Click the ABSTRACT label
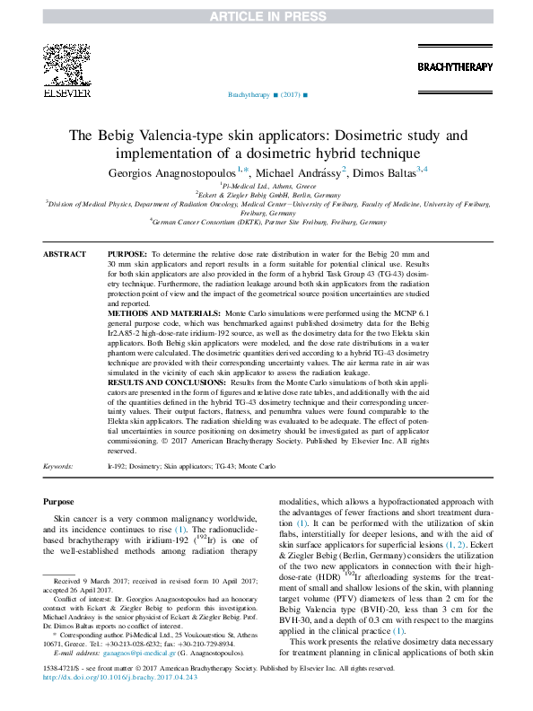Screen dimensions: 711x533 [65, 256]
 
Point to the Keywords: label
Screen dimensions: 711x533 [58, 468]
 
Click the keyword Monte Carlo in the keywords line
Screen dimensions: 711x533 [258, 468]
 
